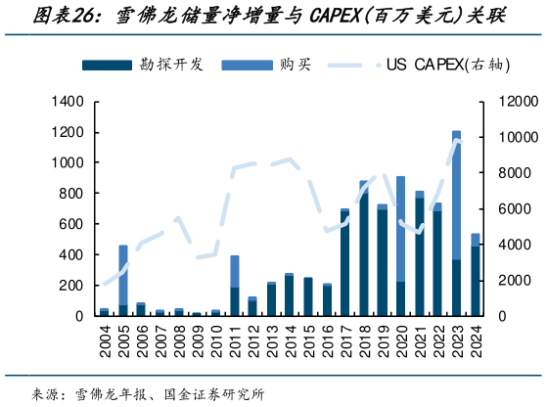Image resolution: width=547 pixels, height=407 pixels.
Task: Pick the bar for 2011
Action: [x=235, y=286]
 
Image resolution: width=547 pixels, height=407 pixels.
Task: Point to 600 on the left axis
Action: [x=73, y=224]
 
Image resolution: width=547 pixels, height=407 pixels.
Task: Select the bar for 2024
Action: [x=475, y=275]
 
